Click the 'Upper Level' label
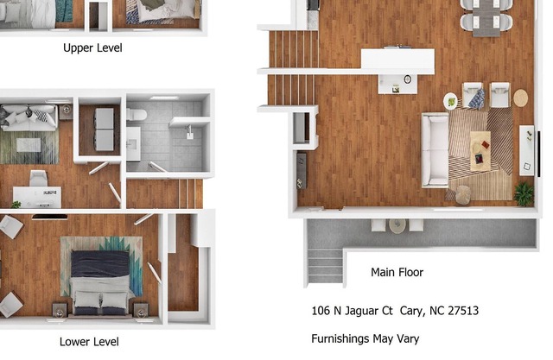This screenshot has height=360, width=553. click(92, 47)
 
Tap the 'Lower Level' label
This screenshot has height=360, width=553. click(89, 342)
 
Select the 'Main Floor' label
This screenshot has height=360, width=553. click(397, 272)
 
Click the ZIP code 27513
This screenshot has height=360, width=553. click(463, 311)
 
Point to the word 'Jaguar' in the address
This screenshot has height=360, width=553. click(361, 311)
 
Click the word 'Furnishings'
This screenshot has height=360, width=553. click(340, 339)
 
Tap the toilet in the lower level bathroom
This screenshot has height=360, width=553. click(137, 115)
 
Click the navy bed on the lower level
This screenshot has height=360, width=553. click(100, 282)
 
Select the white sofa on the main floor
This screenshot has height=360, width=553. click(435, 150)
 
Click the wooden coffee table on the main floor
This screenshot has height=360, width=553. click(480, 151)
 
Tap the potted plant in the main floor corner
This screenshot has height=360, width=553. click(524, 194)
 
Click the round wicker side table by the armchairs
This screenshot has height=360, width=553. click(520, 98)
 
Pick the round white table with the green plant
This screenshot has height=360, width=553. click(451, 102)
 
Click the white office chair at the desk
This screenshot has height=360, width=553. click(38, 178)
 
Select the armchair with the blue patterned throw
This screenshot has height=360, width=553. click(474, 95)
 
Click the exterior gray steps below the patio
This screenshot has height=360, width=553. click(325, 266)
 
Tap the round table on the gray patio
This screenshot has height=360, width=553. click(397, 226)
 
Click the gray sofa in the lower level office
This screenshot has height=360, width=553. click(29, 117)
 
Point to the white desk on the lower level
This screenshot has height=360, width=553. click(37, 197)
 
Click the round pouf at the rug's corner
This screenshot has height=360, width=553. click(463, 195)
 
